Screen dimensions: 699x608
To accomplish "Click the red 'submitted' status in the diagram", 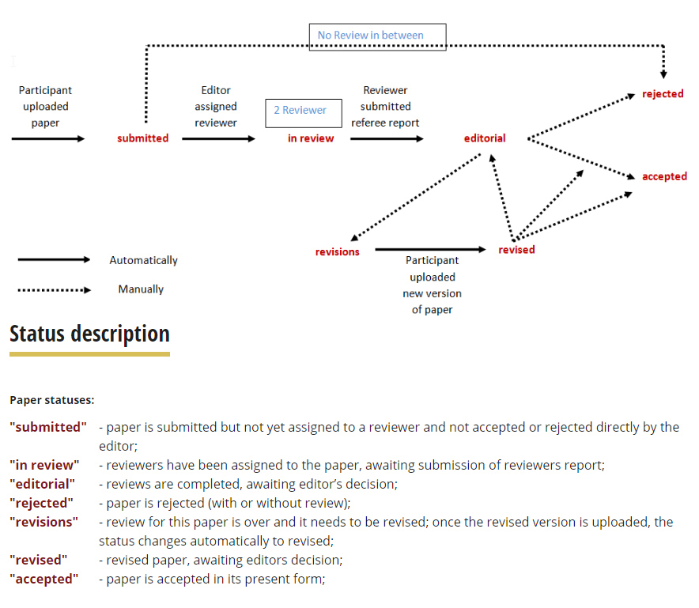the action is point(142,138).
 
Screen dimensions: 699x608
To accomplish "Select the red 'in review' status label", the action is point(311,138).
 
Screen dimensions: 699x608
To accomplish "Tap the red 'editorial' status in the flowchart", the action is point(485,138).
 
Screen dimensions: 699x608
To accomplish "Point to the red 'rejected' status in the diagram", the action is point(663,93).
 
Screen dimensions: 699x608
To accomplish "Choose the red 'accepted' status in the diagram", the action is point(664,176).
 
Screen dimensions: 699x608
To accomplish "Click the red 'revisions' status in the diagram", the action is point(337,252).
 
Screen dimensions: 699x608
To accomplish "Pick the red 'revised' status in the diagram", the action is point(516,250).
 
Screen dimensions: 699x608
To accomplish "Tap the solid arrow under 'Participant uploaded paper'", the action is point(48,139).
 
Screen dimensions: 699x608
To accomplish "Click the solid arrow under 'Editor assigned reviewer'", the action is point(218,139).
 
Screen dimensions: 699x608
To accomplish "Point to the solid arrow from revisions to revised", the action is point(431,250).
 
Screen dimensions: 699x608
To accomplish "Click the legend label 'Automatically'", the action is point(144,260).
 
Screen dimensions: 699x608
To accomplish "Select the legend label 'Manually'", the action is point(141,289).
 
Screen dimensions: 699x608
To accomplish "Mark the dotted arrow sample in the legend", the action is point(54,290).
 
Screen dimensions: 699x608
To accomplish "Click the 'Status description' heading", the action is point(89,334).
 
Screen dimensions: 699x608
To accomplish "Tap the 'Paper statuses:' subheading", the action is point(52,400).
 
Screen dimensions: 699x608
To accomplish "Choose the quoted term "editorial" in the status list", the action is point(43,484).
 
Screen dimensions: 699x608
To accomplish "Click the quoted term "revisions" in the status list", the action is point(43,522).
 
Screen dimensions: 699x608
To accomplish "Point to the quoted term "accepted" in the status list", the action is point(43,579).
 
